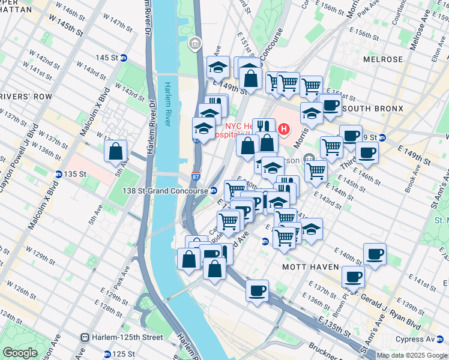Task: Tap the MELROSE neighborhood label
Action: pos(383,59)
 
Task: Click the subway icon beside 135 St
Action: pos(59,174)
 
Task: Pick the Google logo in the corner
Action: pos(20,353)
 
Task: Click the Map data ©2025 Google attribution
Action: pos(412,355)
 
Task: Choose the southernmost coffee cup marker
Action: pos(258,291)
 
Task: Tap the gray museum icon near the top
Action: pos(195,43)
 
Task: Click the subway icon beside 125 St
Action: pos(107,354)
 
